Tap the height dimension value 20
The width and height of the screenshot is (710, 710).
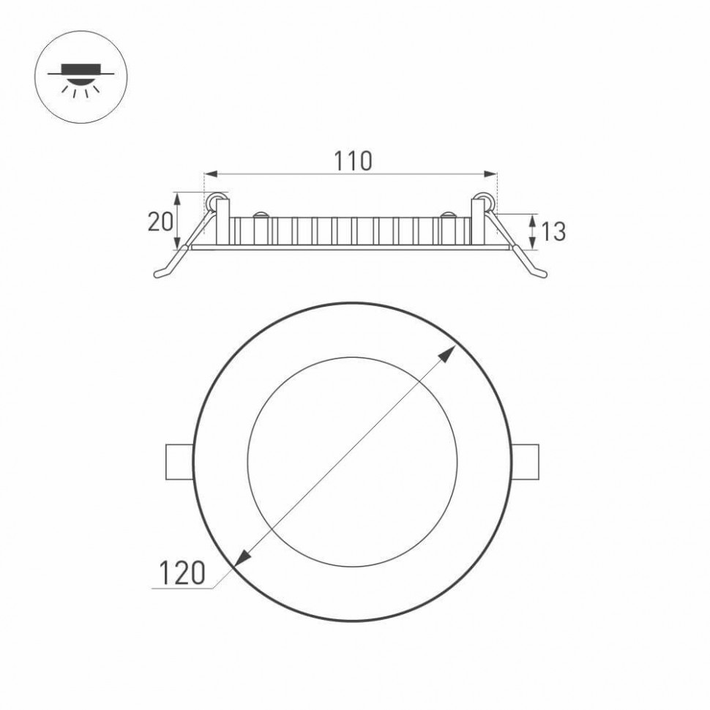coord(160,221)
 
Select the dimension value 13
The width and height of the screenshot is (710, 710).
coord(553,232)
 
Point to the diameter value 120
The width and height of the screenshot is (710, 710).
coord(179,572)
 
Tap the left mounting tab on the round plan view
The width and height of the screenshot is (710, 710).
coord(177,461)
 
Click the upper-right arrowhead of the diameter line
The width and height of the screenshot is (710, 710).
coord(445,356)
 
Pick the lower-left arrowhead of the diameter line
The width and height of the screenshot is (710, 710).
coord(242,558)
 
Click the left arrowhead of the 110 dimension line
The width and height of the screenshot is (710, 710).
coord(208,174)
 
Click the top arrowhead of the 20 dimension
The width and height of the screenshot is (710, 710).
coord(177,195)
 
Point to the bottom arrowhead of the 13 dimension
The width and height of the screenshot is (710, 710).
coord(532,245)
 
